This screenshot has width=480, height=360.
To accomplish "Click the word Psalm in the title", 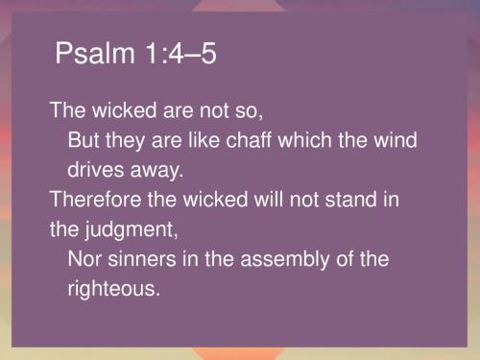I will tap(84, 56).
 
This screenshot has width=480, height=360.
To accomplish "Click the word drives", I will tap(94, 171).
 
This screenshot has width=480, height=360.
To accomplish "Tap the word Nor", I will tap(84, 259).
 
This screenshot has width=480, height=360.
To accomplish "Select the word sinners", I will tap(143, 259).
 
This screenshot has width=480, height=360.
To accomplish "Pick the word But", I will tap(84, 141).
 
